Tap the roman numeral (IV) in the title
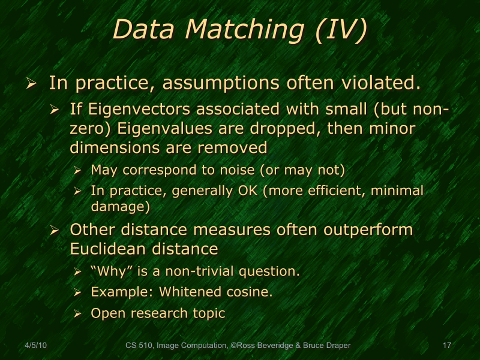point(340,30)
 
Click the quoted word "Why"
point(112,271)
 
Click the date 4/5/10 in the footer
point(36,346)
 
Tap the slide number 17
point(446,346)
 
